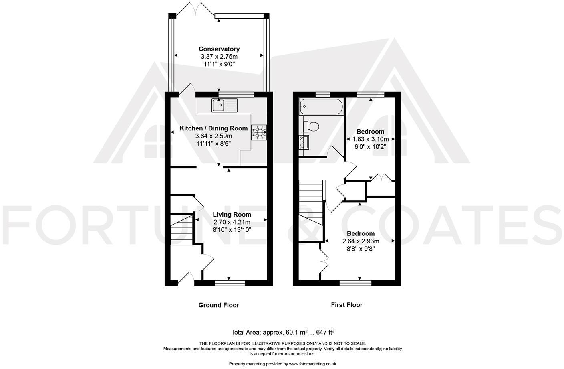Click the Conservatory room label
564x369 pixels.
219,49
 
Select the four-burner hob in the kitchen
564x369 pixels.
259,132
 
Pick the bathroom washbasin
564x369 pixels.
304,142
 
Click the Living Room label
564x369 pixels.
232,215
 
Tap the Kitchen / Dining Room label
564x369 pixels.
214,128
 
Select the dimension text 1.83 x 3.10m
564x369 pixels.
370,139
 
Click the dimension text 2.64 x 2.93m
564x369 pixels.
361,241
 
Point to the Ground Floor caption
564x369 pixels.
219,305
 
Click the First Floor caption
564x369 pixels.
346,305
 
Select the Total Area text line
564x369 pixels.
282,332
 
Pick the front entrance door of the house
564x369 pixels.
186,278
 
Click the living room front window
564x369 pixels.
230,283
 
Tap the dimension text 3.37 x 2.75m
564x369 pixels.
219,57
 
